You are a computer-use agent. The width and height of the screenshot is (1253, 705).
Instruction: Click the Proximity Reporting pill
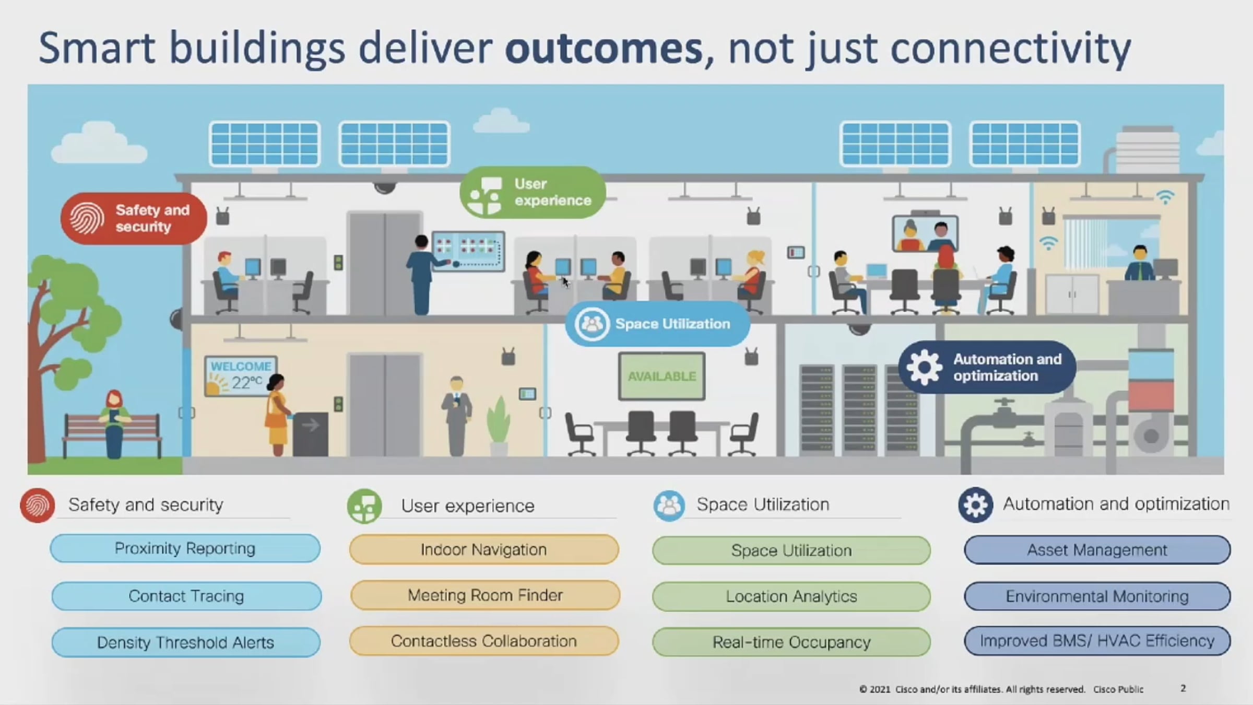185,548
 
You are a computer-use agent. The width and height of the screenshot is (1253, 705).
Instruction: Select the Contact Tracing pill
186,596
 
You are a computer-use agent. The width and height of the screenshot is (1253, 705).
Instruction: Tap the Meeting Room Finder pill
485,595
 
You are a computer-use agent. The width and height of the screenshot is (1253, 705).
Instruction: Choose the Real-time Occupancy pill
791,642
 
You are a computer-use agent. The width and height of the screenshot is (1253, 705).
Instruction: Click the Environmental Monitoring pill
1097,596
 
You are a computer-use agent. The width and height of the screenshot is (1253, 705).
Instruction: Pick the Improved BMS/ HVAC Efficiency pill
1097,641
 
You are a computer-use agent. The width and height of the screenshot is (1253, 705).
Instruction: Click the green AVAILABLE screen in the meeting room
661,376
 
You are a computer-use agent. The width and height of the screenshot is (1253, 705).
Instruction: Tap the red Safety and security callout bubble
134,218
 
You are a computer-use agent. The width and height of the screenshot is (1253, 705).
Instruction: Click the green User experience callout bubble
533,192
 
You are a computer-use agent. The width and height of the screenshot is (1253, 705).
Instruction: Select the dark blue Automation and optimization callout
987,367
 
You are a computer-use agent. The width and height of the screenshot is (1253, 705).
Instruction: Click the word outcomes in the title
604,48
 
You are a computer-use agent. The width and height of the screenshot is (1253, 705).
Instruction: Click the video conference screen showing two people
925,234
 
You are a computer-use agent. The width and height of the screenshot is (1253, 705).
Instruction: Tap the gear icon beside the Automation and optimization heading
975,505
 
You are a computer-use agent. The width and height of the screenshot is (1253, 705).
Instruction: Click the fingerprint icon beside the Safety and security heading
38,505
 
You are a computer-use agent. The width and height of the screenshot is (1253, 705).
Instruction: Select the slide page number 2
1183,688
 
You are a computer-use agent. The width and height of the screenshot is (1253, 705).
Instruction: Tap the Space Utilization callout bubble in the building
658,324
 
